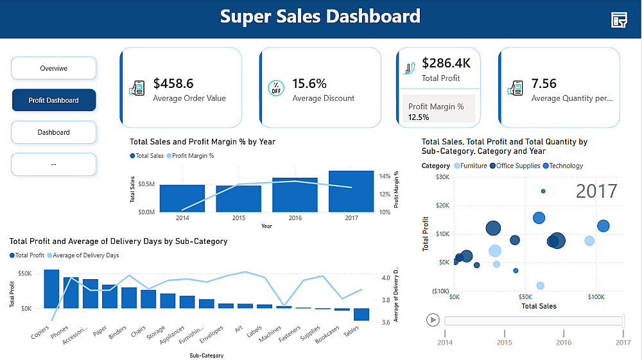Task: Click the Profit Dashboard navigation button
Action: [54, 100]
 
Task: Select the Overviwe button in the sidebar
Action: [54, 68]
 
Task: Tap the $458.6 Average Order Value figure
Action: [173, 83]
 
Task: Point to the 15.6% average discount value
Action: [309, 83]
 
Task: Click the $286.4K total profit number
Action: [446, 63]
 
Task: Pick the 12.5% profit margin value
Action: [419, 117]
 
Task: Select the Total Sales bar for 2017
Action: [351, 191]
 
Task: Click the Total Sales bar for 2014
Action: [182, 198]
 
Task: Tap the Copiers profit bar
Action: [51, 289]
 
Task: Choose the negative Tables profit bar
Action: [361, 314]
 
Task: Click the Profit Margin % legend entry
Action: [191, 156]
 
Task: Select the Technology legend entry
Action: [563, 166]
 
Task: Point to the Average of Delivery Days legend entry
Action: [83, 255]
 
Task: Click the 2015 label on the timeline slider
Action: [505, 343]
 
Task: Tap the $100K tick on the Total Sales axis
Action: [596, 297]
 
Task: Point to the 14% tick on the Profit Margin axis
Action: [385, 176]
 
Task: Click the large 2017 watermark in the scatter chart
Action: [596, 191]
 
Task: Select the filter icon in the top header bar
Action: [619, 20]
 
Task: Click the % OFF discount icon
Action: [276, 88]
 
